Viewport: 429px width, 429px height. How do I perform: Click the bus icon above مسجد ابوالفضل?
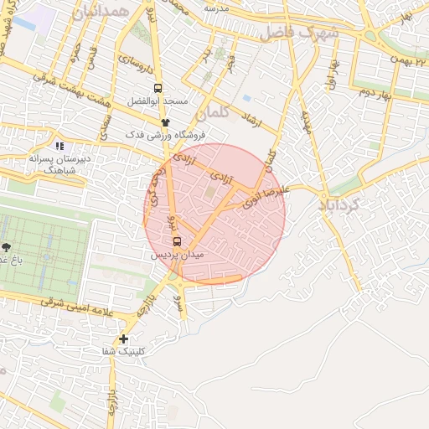click(158, 87)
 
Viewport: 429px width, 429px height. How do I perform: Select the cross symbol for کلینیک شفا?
click(124, 339)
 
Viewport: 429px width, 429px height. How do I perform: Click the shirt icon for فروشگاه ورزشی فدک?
click(165, 122)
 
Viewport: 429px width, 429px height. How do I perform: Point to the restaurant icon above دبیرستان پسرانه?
click(59, 146)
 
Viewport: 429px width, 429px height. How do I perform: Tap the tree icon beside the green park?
click(8, 247)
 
